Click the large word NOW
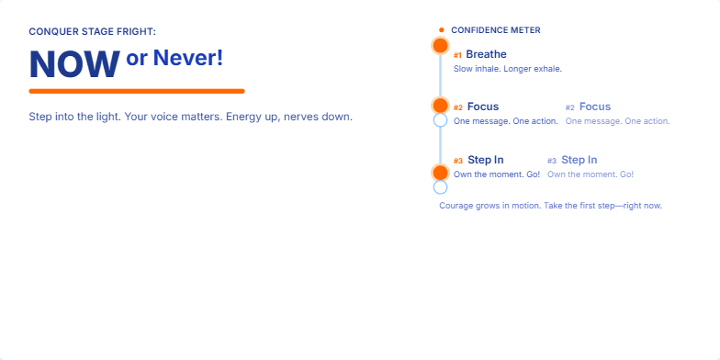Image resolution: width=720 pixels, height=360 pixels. coord(74,63)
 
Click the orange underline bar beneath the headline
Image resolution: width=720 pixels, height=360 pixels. coord(137,91)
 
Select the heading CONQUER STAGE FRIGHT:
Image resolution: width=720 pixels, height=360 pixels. coord(93,31)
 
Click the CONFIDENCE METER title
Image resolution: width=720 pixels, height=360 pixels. coord(496,30)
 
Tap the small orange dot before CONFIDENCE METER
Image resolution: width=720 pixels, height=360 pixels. coord(442,30)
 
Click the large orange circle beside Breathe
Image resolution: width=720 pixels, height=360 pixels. coord(440,45)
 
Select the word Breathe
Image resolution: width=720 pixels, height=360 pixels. coord(486,54)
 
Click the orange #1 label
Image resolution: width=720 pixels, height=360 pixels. coord(458,55)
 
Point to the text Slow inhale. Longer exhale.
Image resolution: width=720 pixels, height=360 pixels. coord(507,69)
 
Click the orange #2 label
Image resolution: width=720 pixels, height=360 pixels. coord(458,107)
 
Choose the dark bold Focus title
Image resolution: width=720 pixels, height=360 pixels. coord(483,107)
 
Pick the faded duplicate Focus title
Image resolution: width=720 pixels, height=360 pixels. coord(595,107)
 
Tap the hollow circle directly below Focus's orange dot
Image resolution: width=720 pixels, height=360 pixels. coord(440,119)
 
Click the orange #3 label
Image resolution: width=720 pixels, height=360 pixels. coord(458,161)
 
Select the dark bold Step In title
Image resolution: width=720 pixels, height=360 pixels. coord(486,160)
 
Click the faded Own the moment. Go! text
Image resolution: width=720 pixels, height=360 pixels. coord(591,174)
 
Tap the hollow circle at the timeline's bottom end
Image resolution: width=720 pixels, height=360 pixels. coord(440,187)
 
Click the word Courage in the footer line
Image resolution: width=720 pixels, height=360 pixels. coord(456,206)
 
